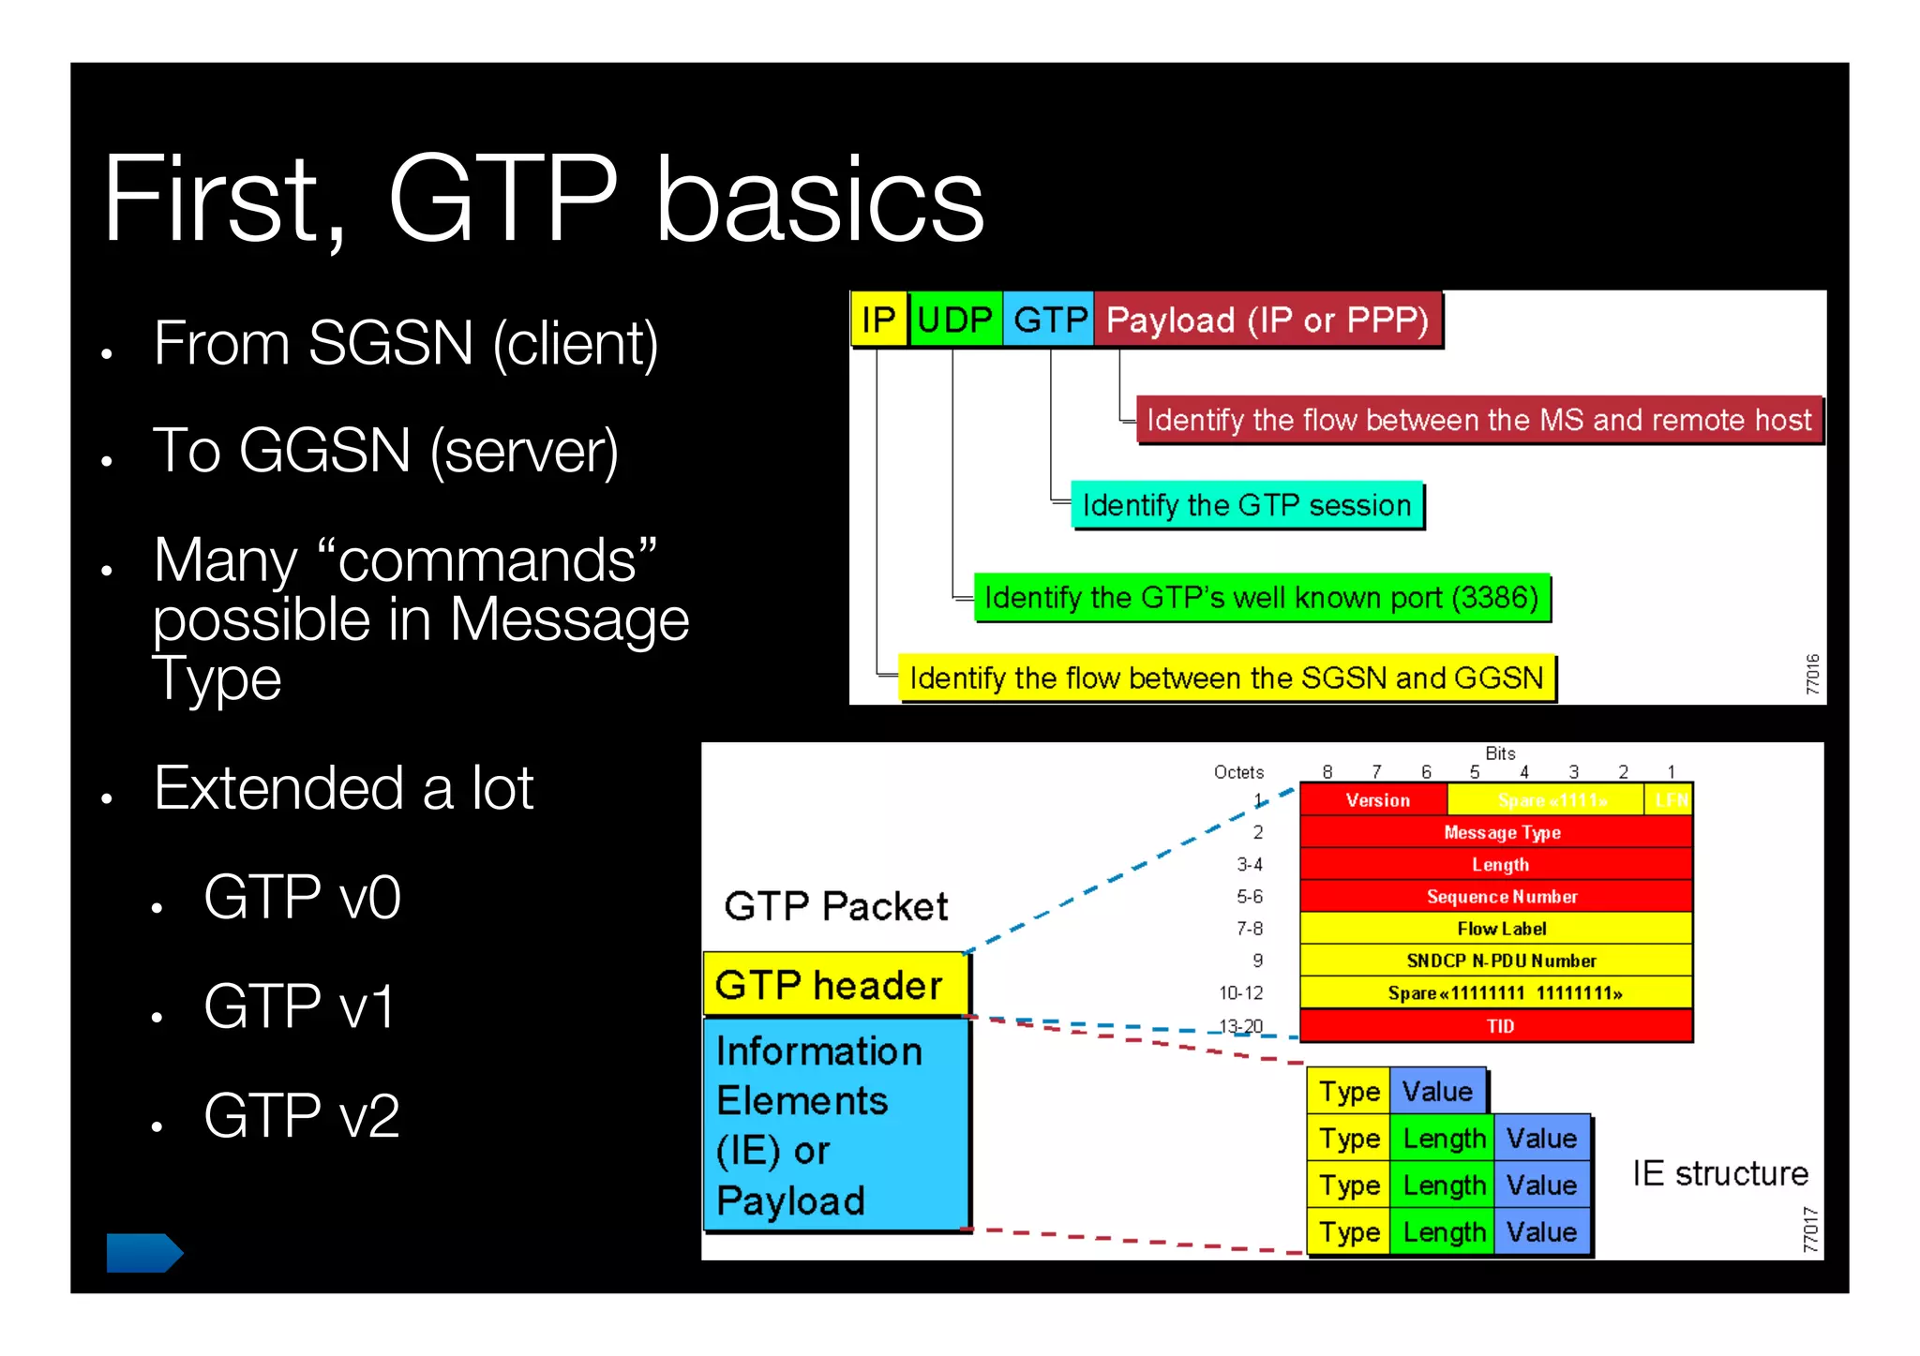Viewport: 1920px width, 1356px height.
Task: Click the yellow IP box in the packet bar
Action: (878, 320)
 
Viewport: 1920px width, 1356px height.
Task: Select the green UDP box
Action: (955, 320)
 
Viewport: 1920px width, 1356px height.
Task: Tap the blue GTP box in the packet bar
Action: (1049, 320)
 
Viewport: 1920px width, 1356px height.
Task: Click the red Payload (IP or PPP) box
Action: (1267, 320)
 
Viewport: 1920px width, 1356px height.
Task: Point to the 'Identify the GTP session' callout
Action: (1246, 505)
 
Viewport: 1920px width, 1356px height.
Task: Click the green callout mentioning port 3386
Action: (1261, 597)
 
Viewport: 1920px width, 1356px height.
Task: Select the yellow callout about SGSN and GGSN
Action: (1225, 678)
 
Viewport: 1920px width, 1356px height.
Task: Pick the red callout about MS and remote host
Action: (1478, 420)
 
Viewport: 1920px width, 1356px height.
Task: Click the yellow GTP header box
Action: (834, 985)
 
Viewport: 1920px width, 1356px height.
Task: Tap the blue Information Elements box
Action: (834, 1125)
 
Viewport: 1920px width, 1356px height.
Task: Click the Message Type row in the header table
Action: (1501, 832)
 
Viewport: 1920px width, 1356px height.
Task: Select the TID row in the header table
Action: (1499, 1026)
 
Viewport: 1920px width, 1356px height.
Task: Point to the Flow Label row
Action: (1501, 929)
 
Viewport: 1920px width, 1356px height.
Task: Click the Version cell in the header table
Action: (1376, 800)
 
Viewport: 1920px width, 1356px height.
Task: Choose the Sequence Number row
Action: (1501, 897)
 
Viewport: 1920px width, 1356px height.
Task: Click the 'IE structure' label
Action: (1719, 1173)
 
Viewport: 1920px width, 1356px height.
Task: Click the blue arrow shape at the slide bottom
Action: (143, 1252)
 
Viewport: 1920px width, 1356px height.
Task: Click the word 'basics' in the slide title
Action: (819, 200)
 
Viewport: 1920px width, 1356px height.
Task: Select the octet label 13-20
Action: (1240, 1026)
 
